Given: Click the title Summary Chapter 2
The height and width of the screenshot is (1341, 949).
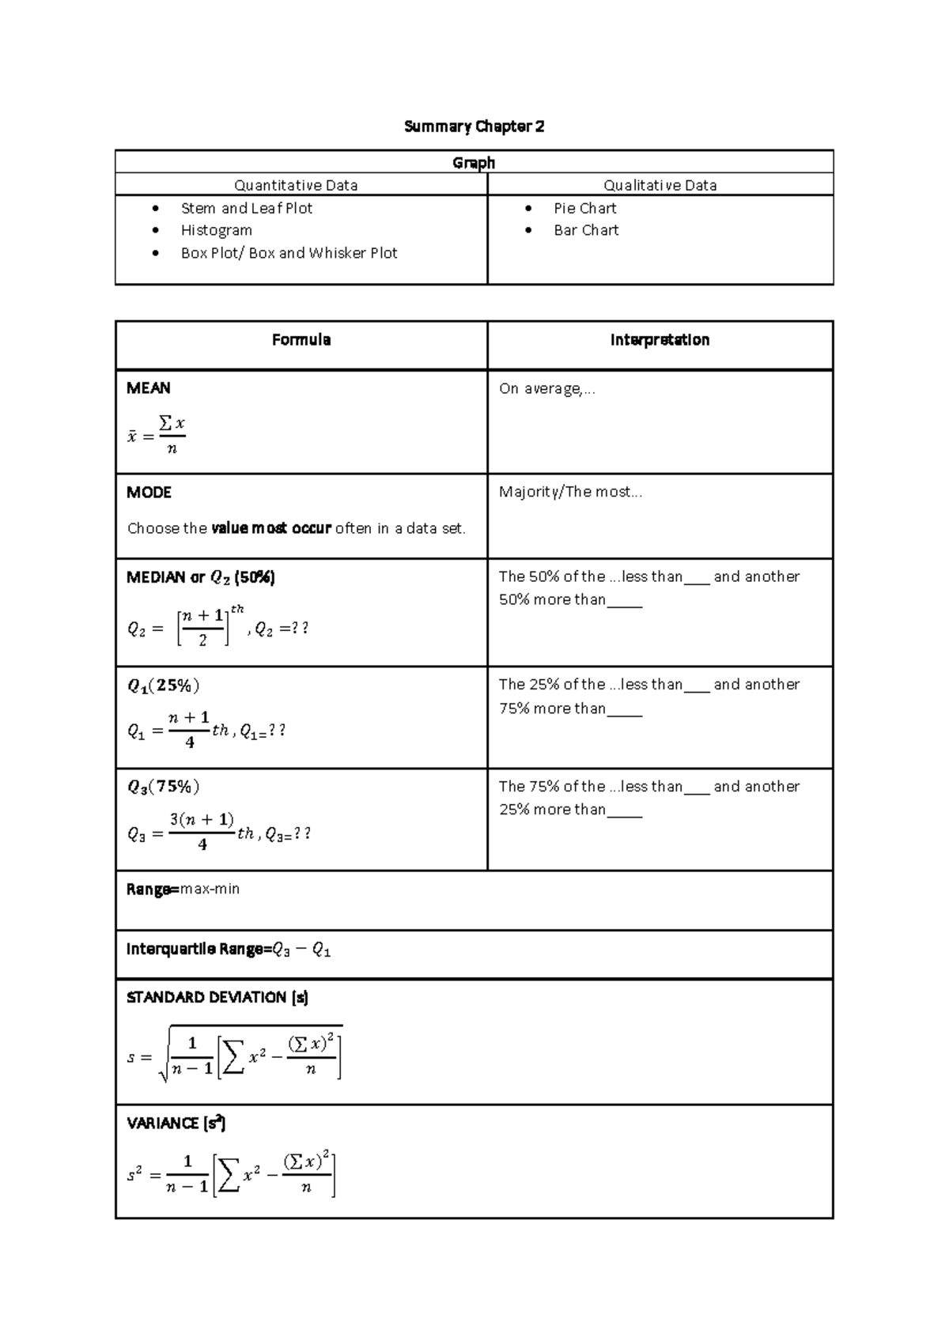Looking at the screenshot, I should click(x=474, y=127).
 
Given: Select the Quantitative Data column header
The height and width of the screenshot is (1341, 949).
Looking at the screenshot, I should click(x=296, y=186).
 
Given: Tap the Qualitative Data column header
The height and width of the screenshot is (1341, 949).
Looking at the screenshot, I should click(x=660, y=186).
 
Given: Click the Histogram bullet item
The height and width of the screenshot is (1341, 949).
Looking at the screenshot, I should click(x=216, y=230).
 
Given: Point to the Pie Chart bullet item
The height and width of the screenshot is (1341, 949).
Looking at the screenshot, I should click(x=584, y=208).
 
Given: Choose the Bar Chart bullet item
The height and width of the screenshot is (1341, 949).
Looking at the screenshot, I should click(x=586, y=230).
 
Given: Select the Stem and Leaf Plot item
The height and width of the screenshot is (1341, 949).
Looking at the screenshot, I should click(x=246, y=208).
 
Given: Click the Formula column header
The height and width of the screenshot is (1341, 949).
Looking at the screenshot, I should click(x=301, y=340).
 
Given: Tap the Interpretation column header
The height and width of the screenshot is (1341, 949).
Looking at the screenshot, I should click(x=660, y=340).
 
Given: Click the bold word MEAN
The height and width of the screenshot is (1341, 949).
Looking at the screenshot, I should click(x=149, y=388).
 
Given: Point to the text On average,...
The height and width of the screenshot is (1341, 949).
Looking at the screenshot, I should click(x=546, y=388).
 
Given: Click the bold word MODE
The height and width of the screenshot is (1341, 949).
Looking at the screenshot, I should click(x=149, y=493).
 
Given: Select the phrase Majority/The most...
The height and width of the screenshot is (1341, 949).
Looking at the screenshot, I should click(x=569, y=492).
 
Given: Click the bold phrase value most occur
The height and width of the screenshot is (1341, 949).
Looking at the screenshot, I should click(x=271, y=528).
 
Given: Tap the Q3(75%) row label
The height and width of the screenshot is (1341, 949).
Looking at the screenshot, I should click(x=163, y=787).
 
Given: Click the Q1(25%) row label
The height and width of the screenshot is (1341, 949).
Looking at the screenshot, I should click(x=163, y=686).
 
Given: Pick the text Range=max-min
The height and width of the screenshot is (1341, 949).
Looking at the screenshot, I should click(x=183, y=889).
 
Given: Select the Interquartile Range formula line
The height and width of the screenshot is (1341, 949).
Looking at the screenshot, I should click(x=228, y=950).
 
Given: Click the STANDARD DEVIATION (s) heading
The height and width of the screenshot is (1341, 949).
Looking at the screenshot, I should click(x=217, y=998).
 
